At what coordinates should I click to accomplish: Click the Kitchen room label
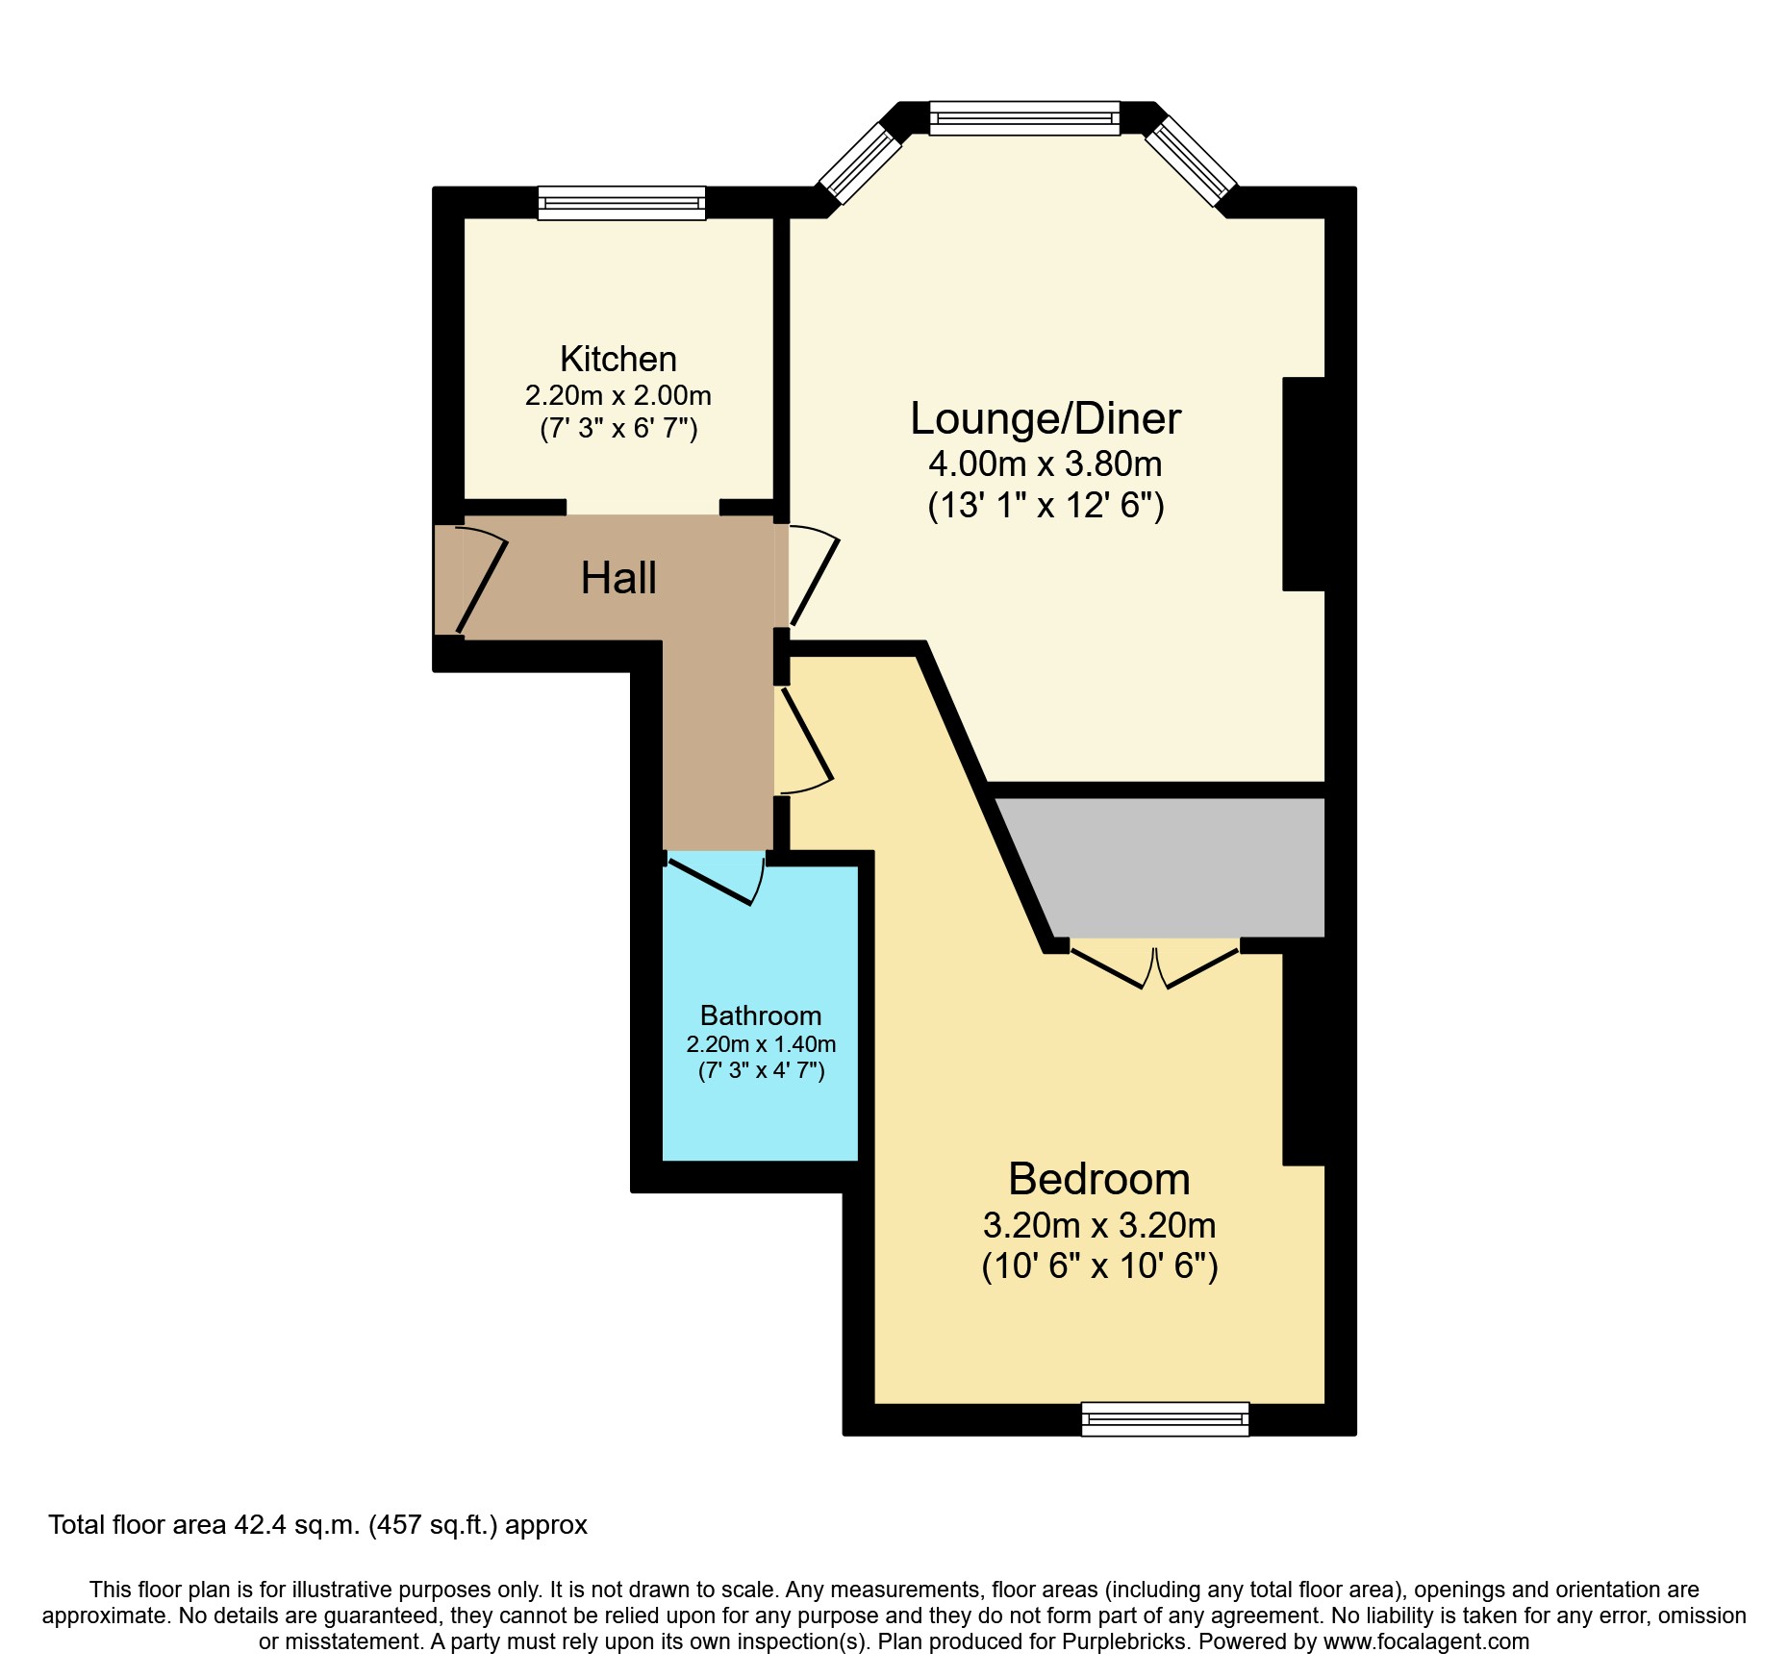pos(617,359)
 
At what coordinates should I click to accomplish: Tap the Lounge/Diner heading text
pos(1045,418)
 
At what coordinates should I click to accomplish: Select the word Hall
pos(618,578)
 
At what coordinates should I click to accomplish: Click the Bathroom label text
pos(760,1015)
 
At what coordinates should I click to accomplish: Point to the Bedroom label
pos(1098,1179)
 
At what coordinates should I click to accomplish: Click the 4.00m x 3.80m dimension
pos(1045,463)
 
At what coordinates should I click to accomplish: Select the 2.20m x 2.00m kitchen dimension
pos(617,395)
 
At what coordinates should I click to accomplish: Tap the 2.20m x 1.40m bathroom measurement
pos(760,1043)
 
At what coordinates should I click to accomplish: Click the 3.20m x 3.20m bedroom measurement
pos(1098,1225)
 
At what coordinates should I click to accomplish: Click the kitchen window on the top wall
pos(621,203)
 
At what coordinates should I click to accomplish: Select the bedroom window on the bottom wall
pos(1165,1418)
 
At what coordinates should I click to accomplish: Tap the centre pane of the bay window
pos(1024,118)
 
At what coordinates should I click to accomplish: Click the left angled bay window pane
pos(859,161)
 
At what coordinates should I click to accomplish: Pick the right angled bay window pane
pos(1190,161)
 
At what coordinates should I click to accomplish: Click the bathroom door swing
pos(717,880)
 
